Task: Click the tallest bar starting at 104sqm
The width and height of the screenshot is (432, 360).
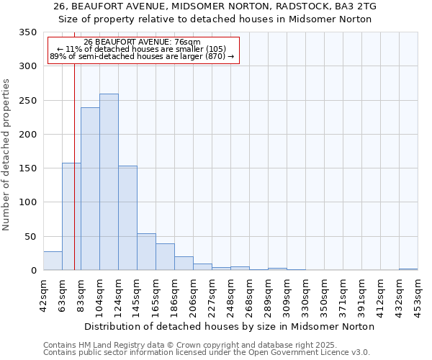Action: click(x=109, y=182)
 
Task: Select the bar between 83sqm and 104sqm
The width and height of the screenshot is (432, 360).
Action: click(x=90, y=189)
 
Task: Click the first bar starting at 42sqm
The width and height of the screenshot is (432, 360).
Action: click(x=53, y=261)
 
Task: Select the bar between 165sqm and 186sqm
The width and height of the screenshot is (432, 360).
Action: click(x=165, y=257)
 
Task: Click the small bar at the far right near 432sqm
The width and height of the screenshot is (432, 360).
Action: click(x=408, y=269)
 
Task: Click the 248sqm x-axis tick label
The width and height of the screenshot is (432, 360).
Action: click(x=230, y=293)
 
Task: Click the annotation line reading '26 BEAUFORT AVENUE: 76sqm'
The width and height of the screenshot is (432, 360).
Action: click(x=143, y=42)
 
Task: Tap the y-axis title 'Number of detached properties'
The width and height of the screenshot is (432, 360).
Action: click(x=7, y=155)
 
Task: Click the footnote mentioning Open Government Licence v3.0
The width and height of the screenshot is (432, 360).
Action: click(x=207, y=353)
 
